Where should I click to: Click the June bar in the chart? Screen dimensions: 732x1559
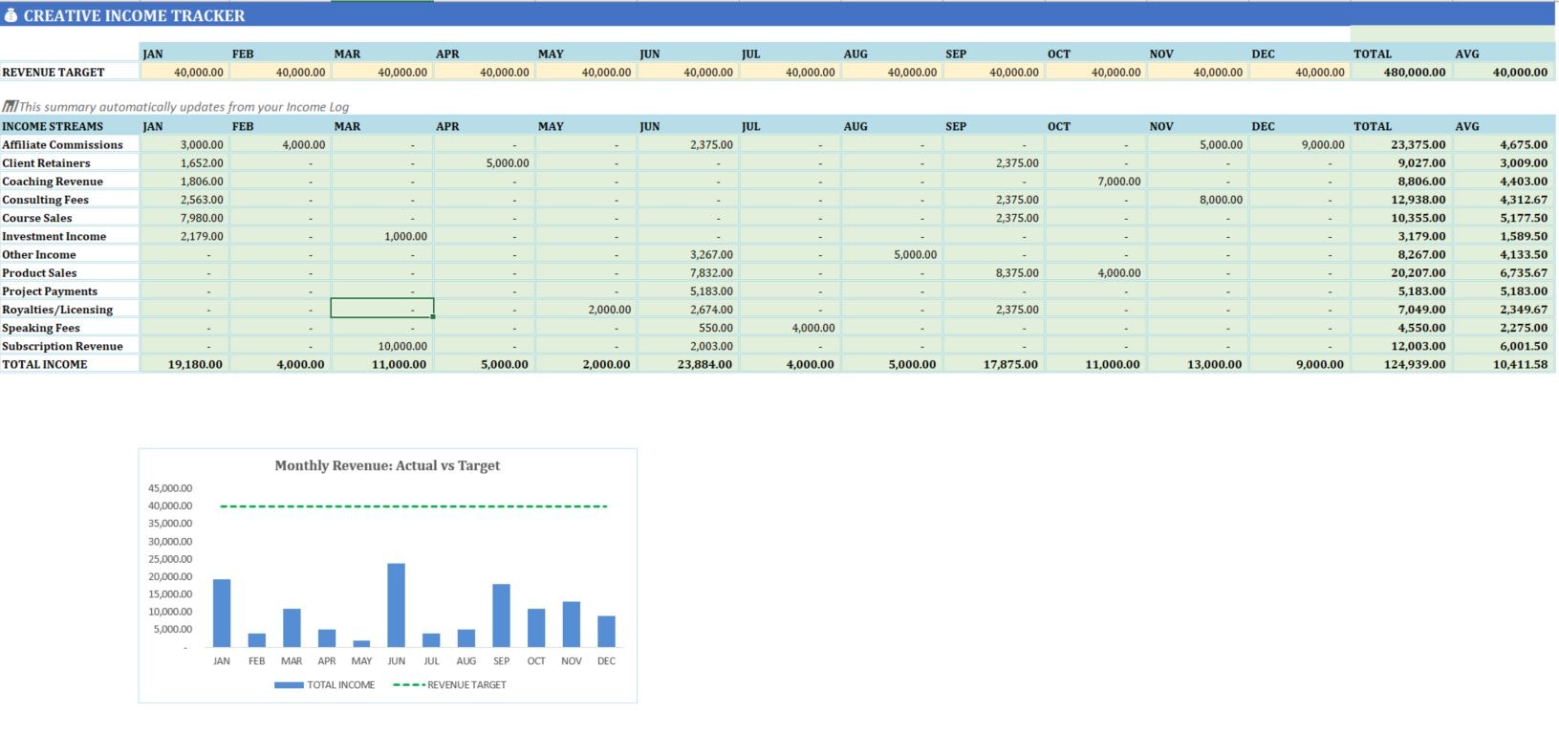click(x=396, y=605)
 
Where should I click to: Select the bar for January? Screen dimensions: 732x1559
click(x=222, y=613)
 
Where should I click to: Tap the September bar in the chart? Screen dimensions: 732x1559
click(x=501, y=615)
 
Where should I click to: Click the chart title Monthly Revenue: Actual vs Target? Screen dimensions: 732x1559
click(x=387, y=465)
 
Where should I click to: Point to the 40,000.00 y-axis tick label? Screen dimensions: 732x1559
click(x=170, y=506)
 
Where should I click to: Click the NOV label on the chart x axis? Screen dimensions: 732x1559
click(x=572, y=661)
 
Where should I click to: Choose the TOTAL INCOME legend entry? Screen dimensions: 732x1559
click(x=325, y=685)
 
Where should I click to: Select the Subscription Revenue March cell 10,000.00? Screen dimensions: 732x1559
click(x=402, y=346)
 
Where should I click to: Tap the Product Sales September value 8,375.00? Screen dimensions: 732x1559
click(x=1017, y=272)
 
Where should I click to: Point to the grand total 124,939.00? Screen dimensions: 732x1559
click(x=1415, y=364)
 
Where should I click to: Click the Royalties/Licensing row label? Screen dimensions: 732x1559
click(x=57, y=310)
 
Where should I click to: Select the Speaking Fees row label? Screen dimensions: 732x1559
click(x=41, y=328)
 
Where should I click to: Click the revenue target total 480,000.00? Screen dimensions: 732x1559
click(x=1415, y=72)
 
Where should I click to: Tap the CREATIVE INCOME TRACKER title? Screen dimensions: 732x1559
click(x=134, y=15)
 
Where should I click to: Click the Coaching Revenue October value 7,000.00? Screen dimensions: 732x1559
click(x=1118, y=182)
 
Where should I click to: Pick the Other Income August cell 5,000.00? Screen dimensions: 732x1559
click(x=915, y=254)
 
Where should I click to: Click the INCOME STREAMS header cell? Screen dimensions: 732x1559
click(x=53, y=126)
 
